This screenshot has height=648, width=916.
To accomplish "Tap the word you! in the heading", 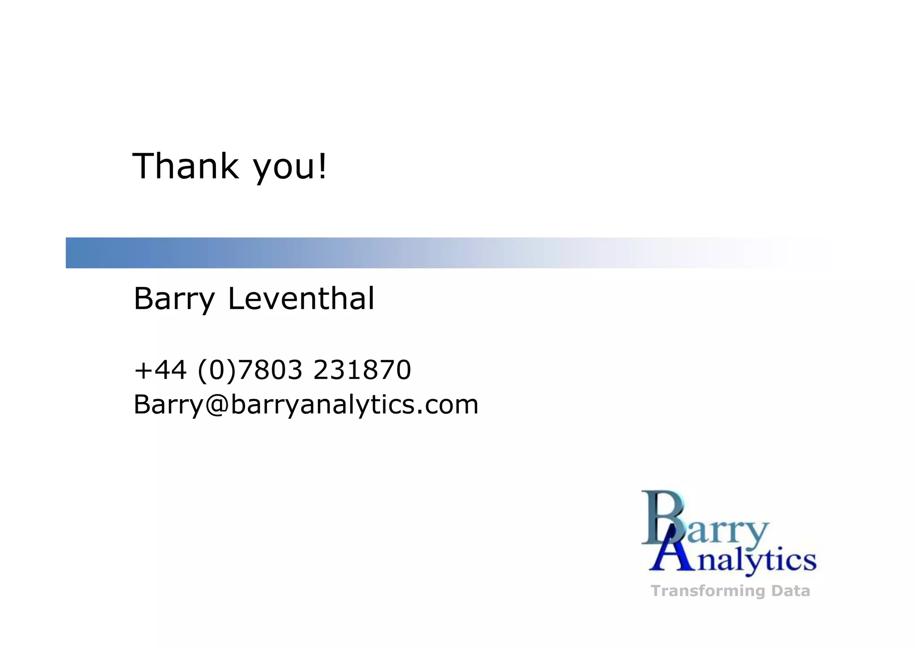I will point(290,167).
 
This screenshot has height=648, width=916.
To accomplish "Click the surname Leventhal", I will point(301,298).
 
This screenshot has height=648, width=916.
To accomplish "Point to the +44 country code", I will point(160,370).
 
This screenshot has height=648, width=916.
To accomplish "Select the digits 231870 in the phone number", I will point(362,370).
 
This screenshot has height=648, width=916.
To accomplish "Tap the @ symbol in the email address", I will point(217,404).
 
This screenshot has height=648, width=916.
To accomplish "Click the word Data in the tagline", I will point(790,591).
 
